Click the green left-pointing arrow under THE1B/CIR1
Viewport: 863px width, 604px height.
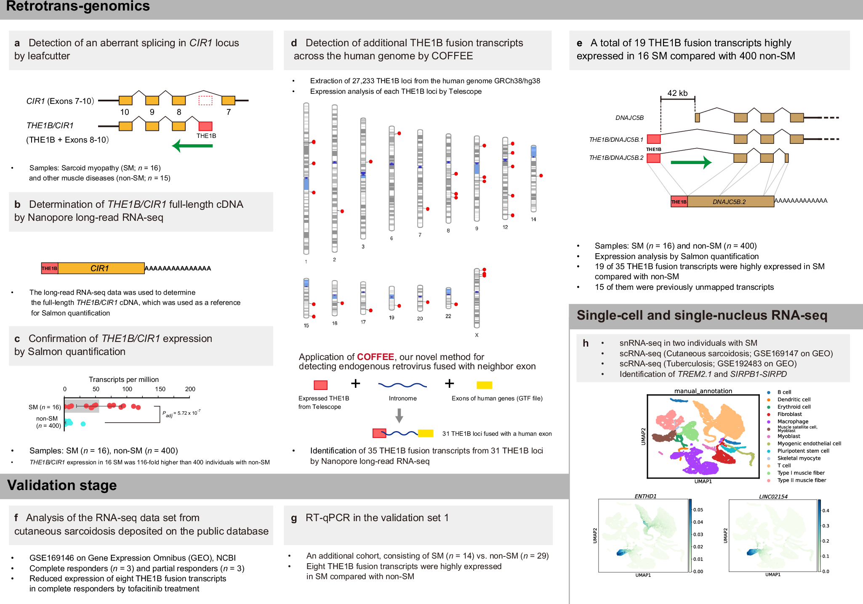tap(192, 146)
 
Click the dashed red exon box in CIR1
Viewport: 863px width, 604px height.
tap(205, 101)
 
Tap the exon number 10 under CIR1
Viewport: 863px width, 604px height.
tap(125, 112)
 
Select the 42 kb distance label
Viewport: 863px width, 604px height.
tap(677, 93)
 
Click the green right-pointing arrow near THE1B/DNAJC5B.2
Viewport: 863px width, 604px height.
tap(691, 162)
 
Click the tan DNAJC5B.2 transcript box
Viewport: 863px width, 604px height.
tap(730, 201)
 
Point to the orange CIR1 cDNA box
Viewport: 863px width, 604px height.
tap(101, 268)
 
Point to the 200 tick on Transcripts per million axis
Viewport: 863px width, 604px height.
tap(190, 389)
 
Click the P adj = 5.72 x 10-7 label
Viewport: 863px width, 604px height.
tap(181, 413)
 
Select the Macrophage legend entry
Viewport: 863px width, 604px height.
tap(793, 421)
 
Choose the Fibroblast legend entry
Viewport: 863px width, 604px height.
tap(789, 414)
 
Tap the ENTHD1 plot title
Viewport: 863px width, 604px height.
tap(645, 496)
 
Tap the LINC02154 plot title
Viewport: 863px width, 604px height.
tap(773, 496)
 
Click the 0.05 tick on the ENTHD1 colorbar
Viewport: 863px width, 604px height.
tap(698, 510)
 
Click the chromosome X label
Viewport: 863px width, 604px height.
tap(477, 335)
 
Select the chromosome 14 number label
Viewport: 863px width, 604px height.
tap(533, 220)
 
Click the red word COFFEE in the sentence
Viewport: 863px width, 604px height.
tap(375, 357)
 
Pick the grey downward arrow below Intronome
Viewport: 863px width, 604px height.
tap(399, 416)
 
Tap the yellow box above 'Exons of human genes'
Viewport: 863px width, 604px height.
tap(484, 385)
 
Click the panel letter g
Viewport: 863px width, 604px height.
tap(294, 518)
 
